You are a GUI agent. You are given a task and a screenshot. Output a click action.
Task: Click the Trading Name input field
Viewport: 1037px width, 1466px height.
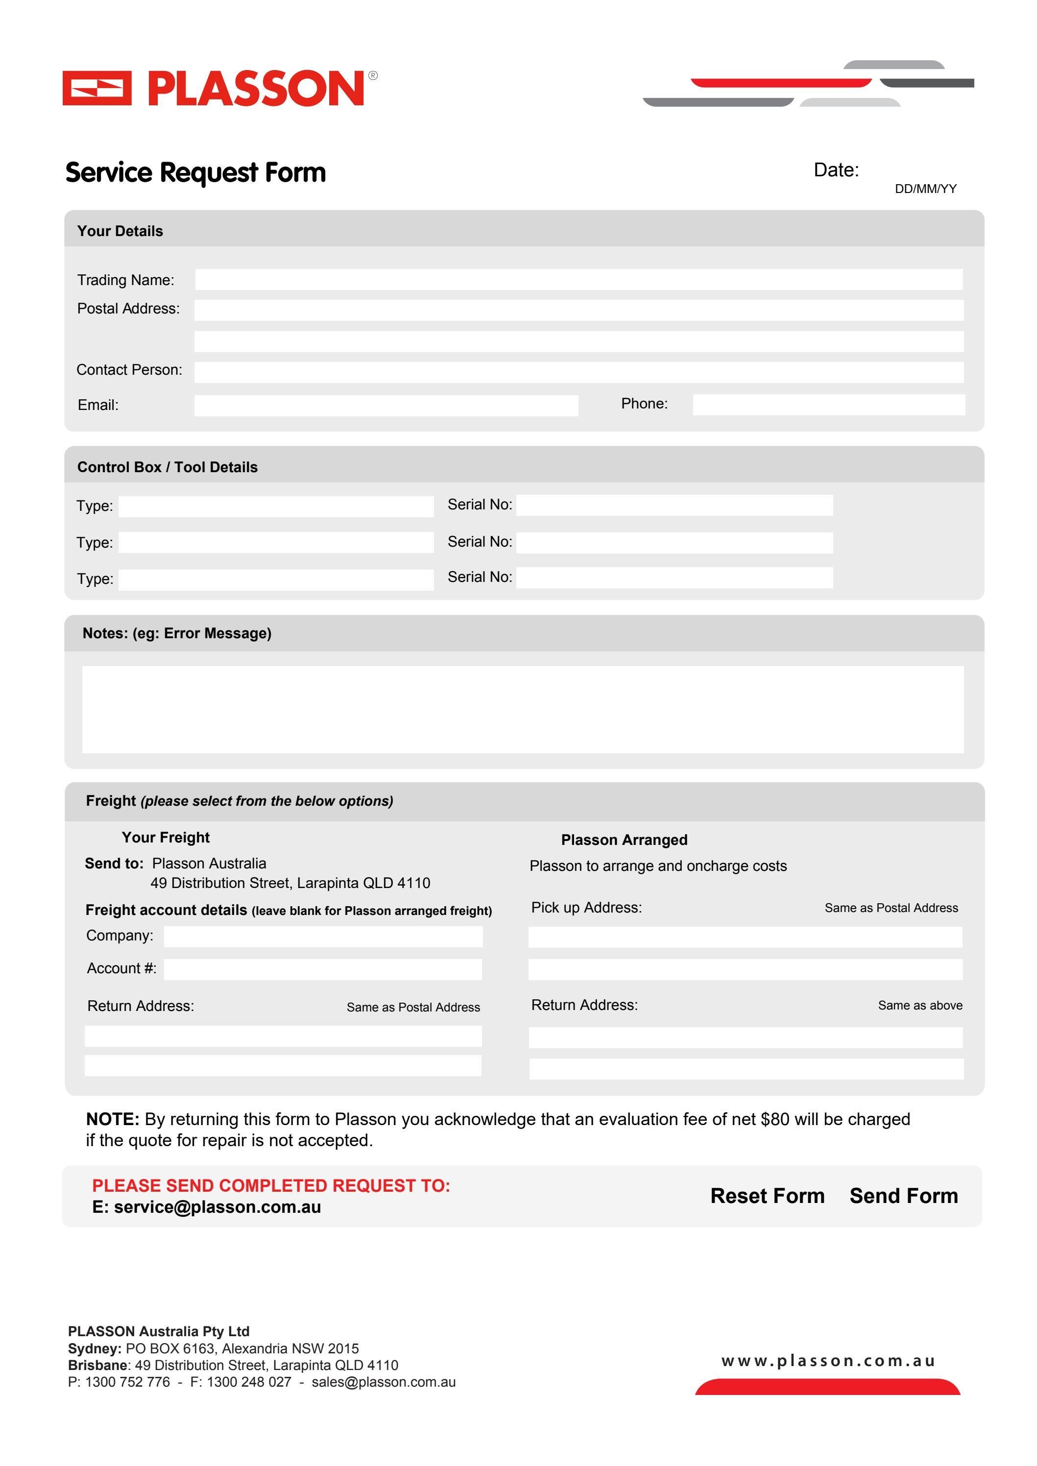579,279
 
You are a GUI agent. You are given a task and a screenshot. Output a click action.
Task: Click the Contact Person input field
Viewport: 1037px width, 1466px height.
579,372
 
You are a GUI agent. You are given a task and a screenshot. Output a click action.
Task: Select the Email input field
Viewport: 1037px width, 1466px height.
386,406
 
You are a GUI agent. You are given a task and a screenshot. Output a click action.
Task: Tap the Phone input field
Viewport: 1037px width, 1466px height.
828,405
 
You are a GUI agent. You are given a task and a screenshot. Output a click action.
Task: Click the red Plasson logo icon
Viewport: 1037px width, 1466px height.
96,88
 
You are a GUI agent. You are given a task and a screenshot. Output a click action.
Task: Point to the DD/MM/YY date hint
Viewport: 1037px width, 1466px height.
925,189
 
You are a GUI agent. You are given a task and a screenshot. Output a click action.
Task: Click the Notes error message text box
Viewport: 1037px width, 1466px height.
522,709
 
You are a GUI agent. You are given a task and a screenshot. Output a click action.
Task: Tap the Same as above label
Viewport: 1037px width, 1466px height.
919,1006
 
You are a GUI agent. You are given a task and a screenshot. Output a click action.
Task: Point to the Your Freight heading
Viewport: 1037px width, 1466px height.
166,837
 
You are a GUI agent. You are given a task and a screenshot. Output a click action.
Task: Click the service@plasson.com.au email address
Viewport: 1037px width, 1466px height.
217,1207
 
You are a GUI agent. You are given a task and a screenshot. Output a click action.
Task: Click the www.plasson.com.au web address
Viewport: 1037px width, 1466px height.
827,1361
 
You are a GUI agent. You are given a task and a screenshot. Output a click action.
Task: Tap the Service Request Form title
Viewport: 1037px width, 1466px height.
195,172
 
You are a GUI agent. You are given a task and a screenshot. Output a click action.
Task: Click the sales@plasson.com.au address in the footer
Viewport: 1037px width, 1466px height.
383,1382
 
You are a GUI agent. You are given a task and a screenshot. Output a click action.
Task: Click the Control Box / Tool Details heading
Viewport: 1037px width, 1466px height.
168,467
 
